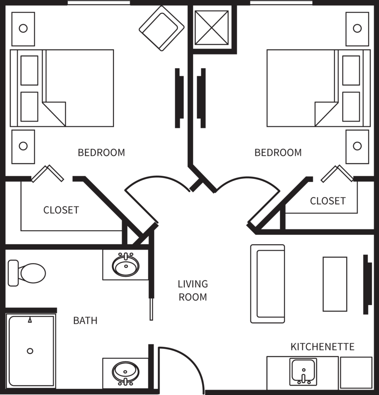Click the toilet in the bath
pyautogui.click(x=27, y=273)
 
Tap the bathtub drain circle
pyautogui.click(x=30, y=351)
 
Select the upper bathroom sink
pyautogui.click(x=125, y=265)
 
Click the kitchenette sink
pyautogui.click(x=303, y=371)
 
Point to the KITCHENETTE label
pyautogui.click(x=322, y=347)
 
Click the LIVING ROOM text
pyautogui.click(x=193, y=290)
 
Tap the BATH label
pyautogui.click(x=85, y=321)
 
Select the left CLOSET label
pyautogui.click(x=61, y=210)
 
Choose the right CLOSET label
pyautogui.click(x=328, y=201)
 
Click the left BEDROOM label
pyautogui.click(x=101, y=152)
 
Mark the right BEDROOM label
pyautogui.click(x=278, y=152)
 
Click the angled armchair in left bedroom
pyautogui.click(x=162, y=28)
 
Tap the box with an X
pyautogui.click(x=211, y=28)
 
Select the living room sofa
pyautogui.click(x=267, y=284)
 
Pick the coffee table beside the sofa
pyautogui.click(x=335, y=284)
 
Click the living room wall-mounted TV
pyautogui.click(x=367, y=284)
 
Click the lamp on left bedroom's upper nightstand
pyautogui.click(x=23, y=28)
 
